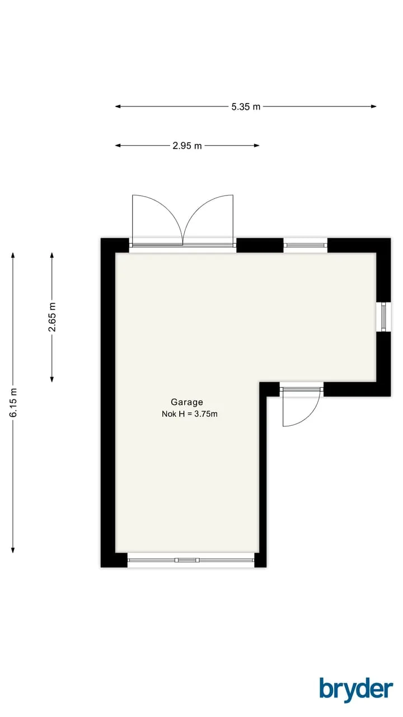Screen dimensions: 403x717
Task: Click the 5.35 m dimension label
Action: (x=246, y=106)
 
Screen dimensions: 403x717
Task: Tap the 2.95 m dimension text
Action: (x=187, y=146)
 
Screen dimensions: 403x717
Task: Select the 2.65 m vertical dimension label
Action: (x=52, y=317)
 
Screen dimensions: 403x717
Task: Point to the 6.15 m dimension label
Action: (x=13, y=402)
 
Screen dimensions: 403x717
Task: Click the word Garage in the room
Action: (x=187, y=402)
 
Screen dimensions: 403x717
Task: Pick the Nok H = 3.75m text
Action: (x=190, y=414)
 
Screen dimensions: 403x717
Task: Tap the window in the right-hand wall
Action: (x=383, y=317)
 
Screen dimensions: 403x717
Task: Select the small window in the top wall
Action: (x=306, y=245)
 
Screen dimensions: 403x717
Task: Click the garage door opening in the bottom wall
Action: (x=191, y=560)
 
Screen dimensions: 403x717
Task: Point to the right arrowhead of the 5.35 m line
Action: (x=373, y=106)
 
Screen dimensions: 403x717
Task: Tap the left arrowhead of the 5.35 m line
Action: (x=118, y=106)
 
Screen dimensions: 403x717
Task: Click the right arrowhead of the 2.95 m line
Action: (x=256, y=145)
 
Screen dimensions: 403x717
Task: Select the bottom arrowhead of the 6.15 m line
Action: (x=13, y=550)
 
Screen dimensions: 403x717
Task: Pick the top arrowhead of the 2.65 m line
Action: (x=52, y=255)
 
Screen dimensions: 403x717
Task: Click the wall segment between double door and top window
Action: (x=260, y=245)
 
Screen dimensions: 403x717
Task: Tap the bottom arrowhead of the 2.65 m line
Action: (x=52, y=379)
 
